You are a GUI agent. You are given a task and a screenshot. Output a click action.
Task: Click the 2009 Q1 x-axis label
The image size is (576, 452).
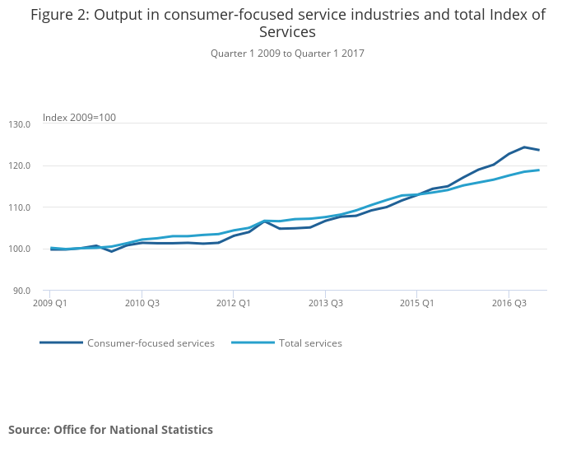[50, 303]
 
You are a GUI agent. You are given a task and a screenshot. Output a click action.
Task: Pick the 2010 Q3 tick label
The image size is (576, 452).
[142, 303]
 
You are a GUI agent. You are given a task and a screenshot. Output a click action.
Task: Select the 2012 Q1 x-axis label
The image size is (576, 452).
[233, 303]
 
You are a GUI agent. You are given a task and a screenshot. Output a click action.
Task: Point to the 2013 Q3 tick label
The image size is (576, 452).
[325, 303]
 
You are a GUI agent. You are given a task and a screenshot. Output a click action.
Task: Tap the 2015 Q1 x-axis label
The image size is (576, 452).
[416, 303]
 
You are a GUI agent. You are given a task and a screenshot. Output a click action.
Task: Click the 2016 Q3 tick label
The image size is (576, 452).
[509, 303]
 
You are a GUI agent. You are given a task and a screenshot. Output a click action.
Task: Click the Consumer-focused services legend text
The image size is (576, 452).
[151, 343]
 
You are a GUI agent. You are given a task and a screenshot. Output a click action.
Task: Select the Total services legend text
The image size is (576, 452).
[310, 343]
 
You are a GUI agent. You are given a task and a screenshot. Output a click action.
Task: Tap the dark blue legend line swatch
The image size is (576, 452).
[61, 343]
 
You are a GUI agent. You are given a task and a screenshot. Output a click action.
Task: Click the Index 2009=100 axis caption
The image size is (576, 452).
[79, 118]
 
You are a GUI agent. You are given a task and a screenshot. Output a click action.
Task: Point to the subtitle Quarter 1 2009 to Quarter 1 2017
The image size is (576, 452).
[287, 54]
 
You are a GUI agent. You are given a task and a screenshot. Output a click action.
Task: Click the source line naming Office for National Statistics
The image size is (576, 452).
[110, 430]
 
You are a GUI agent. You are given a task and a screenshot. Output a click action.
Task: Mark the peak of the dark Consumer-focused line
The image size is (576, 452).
[524, 147]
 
